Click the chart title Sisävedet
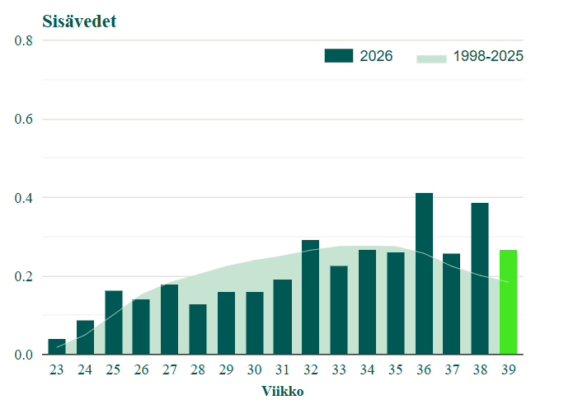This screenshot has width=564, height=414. tap(79, 21)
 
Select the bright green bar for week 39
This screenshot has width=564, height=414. tap(508, 302)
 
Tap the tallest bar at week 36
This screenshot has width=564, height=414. tap(424, 273)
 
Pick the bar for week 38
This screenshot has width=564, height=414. tap(480, 279)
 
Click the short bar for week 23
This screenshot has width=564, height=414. tap(57, 346)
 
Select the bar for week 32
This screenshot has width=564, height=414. tap(310, 297)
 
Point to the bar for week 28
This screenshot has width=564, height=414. tap(198, 329)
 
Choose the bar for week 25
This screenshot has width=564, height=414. tap(114, 322)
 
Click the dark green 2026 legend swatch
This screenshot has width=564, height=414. tap(338, 56)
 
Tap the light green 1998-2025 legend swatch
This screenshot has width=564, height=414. tap(431, 59)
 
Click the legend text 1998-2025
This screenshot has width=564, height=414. tap(488, 56)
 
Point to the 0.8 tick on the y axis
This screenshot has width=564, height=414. tap(23, 40)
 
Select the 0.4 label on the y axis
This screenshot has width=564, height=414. tap(23, 198)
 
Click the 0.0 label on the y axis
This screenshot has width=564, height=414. tap(23, 355)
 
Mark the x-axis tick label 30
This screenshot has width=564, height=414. tap(254, 369)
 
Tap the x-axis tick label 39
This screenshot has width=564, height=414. tap(508, 369)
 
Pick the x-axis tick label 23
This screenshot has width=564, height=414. tap(56, 369)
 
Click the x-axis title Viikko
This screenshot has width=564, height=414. tap(283, 391)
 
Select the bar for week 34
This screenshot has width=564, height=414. tap(367, 302)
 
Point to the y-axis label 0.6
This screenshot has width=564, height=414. tap(23, 119)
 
